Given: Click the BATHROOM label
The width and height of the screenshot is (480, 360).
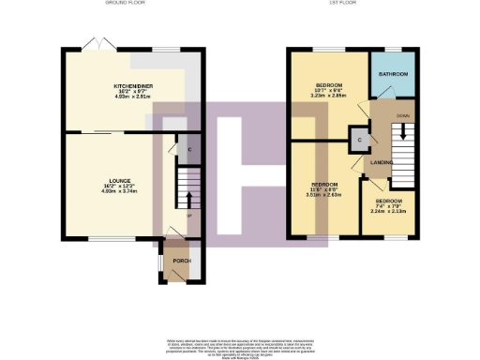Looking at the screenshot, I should coord(393,73).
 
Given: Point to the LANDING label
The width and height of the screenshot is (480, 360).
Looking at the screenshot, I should coord(381,162).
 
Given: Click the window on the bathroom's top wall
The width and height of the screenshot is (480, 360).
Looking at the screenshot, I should coord(393,48).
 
